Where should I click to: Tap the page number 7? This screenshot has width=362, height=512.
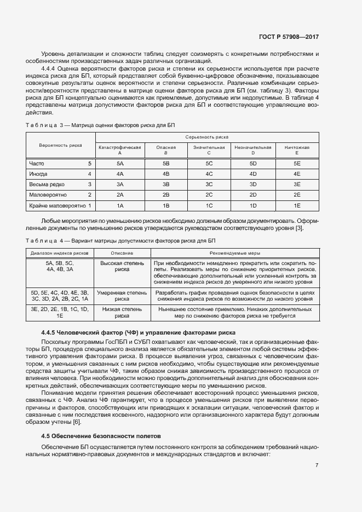tap(317, 465)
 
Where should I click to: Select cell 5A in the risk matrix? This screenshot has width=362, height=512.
tap(120, 163)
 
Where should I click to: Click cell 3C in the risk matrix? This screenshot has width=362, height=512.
tap(209, 185)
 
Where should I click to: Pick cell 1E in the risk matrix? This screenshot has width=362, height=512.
tap(297, 206)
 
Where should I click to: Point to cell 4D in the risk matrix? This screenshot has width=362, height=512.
tap(253, 174)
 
